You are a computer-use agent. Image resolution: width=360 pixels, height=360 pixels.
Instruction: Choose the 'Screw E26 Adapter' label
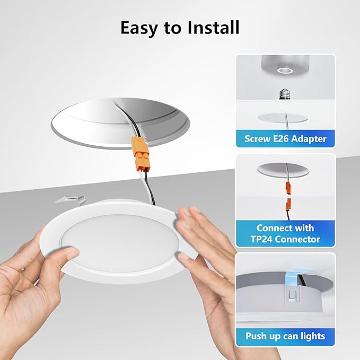coord(285,139)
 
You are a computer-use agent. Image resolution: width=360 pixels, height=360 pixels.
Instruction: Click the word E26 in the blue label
coord(284,139)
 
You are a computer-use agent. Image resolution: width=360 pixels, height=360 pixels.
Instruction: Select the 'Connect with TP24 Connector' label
coord(285,233)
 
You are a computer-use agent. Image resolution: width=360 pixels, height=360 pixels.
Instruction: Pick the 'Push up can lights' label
coord(285,336)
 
